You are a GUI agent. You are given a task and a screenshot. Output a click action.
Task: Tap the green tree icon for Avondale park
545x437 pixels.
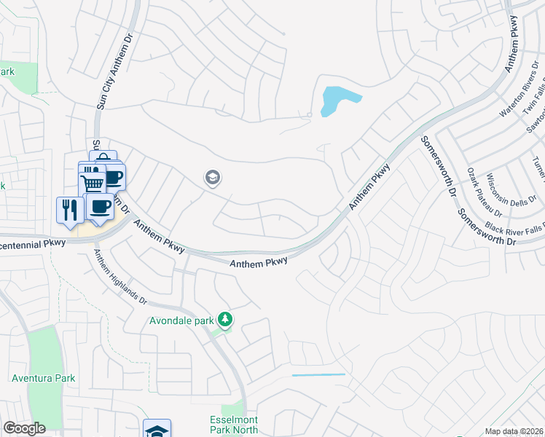(x=226, y=320)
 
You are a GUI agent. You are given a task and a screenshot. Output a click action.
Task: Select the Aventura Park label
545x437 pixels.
(x=44, y=378)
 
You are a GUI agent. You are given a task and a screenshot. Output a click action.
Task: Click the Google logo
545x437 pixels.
(x=24, y=428)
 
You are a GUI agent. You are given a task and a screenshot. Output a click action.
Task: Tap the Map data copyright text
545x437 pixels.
(x=514, y=432)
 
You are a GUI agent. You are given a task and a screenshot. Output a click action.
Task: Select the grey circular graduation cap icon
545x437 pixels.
(x=213, y=177)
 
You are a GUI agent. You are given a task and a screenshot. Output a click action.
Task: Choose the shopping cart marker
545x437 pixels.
(x=92, y=184)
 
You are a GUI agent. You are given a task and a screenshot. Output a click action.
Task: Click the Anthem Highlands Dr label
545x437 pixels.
(x=120, y=277)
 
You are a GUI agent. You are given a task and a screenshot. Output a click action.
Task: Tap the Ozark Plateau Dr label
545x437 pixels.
(x=480, y=192)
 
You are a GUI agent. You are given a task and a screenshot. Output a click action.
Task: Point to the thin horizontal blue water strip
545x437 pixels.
(x=318, y=375)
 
